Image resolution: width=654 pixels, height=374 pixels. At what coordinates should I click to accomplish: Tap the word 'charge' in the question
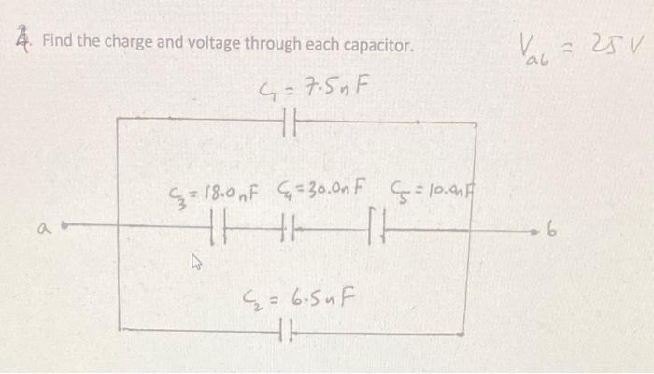tap(134, 44)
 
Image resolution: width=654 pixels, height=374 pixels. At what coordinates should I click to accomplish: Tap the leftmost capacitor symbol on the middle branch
tap(218, 227)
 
